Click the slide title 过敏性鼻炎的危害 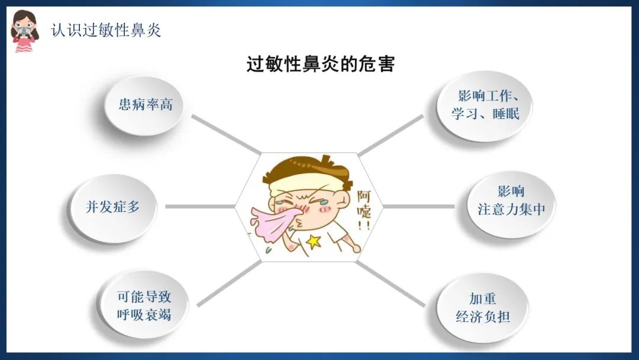click(x=320, y=64)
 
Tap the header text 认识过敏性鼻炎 click(x=106, y=30)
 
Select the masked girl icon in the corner click(x=24, y=31)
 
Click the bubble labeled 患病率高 click(x=143, y=105)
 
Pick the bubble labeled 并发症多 click(x=113, y=208)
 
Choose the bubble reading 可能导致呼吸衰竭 click(x=143, y=305)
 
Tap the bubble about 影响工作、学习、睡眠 click(x=485, y=105)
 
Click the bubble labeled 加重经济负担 click(x=483, y=307)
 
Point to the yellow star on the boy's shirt click(x=313, y=242)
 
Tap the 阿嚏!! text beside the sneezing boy click(x=364, y=210)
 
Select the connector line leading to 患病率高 click(x=226, y=134)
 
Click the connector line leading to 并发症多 click(x=200, y=206)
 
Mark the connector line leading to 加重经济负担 click(x=390, y=284)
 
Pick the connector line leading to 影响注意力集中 click(x=418, y=206)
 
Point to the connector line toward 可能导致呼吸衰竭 click(x=229, y=284)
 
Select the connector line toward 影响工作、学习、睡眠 click(x=391, y=136)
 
